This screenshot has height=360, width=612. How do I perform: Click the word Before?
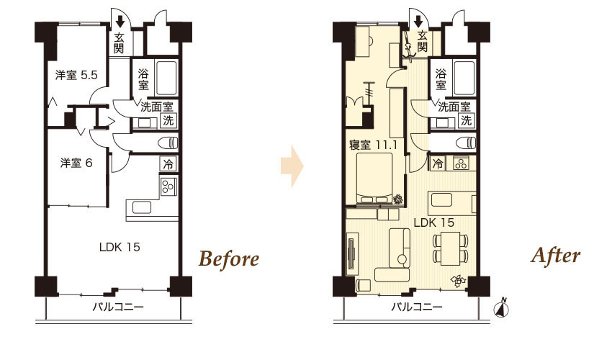point(228,258)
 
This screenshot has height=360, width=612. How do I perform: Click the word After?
point(555,256)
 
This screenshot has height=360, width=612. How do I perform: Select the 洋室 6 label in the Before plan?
point(76,163)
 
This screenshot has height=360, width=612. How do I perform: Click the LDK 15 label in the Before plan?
point(119,248)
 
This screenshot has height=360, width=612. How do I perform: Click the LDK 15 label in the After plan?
point(433,222)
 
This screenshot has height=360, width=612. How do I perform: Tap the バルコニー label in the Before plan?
point(118,307)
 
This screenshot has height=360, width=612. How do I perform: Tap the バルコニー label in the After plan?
point(417,307)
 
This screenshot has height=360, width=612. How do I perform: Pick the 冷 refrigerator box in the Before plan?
point(167,164)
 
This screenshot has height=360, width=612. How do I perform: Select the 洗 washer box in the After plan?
point(467,120)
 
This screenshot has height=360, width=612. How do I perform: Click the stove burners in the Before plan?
point(167,187)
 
